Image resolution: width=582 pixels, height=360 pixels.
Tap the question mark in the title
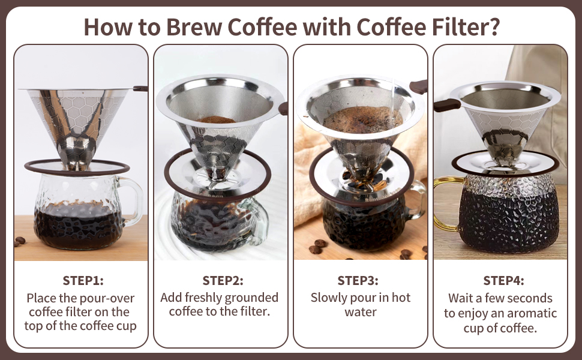493,26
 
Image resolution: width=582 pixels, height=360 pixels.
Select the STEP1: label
82,280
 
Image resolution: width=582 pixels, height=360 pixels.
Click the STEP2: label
223,280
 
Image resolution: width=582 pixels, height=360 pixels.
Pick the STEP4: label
503,280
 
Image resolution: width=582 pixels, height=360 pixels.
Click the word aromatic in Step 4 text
530,313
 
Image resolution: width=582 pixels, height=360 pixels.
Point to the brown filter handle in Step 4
447,105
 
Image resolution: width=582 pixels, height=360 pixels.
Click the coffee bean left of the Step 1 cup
20,241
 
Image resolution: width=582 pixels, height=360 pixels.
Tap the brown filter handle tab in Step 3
419,86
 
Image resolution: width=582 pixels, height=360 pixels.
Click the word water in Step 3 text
361,312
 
